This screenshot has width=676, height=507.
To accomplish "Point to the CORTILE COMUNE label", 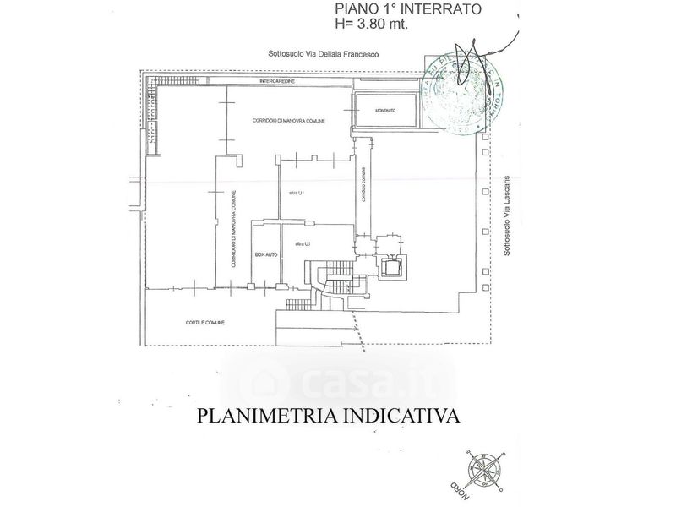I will pos(205,323).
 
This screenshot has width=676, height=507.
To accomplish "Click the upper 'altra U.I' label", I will pos(295,194).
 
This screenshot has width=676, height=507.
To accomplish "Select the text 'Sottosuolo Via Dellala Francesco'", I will pos(323,55).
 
